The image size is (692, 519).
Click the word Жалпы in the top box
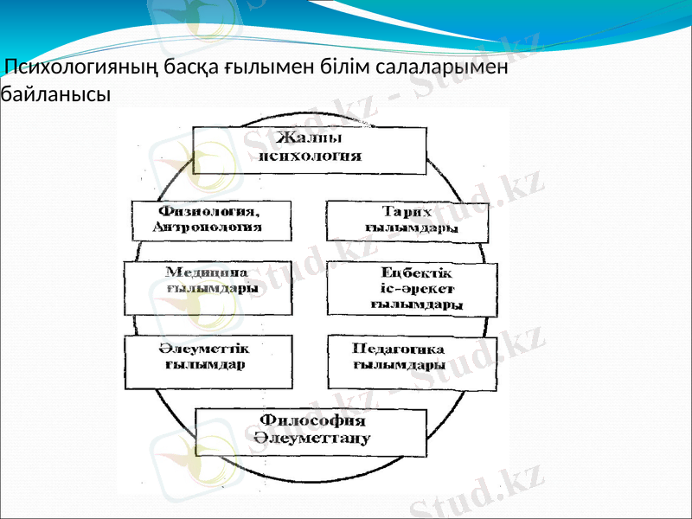pos(309,138)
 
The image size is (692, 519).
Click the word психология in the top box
pos(310,157)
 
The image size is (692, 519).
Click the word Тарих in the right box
pos(407,212)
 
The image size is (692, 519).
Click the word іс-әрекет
pos(416,288)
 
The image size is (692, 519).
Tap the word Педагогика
pos(399,349)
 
